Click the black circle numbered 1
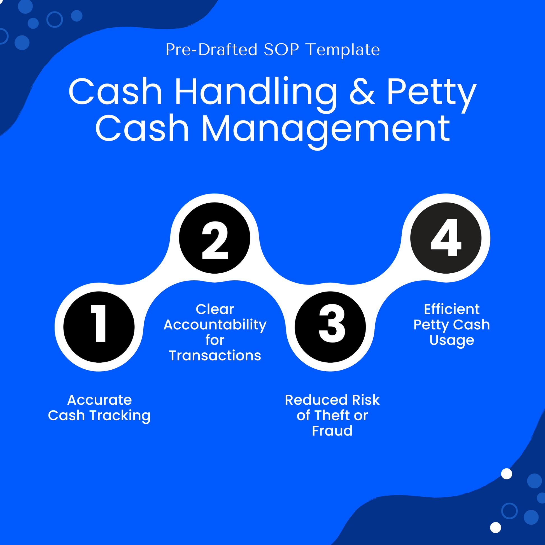coord(99,327)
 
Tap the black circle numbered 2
coord(215,238)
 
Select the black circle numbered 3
coord(330,327)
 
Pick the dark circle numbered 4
coord(446,238)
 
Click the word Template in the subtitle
coord(343,50)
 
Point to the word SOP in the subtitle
coord(281,50)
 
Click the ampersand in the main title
coord(362,92)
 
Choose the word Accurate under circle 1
coord(100,400)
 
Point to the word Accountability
coord(215,325)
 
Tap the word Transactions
coord(215,355)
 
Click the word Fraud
coord(332,431)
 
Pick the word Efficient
coord(452,309)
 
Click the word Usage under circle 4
coord(452,340)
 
